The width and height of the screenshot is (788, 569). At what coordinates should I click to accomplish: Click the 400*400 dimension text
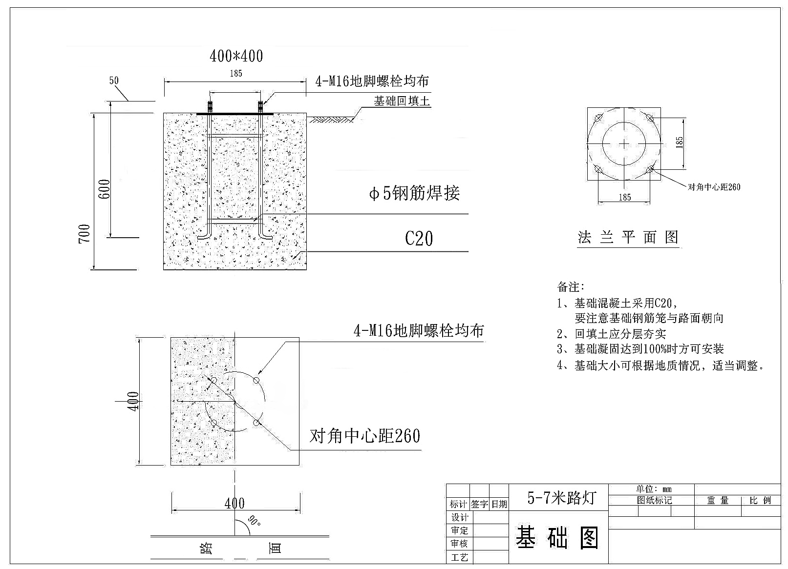236,56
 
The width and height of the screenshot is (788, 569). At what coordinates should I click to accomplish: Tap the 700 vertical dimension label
85,234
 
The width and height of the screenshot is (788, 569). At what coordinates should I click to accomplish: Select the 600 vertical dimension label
104,189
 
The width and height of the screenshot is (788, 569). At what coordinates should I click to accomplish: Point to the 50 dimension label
114,81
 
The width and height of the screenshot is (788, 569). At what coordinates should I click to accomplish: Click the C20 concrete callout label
419,239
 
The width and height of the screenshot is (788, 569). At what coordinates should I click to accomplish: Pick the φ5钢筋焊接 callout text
414,193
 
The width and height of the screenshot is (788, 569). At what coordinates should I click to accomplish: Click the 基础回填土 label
402,101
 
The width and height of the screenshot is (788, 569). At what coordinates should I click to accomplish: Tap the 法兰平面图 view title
628,237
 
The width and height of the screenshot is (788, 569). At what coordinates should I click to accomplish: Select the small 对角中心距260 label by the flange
714,187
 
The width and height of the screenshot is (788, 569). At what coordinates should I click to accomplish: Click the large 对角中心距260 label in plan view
365,436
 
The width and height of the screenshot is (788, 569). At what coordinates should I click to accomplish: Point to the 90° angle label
254,521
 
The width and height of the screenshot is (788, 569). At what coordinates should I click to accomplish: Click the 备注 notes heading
571,287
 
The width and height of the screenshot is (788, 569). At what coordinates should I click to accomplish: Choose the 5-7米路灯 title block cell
562,498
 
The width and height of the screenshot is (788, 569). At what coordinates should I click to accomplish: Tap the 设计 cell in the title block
459,517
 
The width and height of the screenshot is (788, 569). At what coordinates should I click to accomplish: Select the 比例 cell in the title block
760,501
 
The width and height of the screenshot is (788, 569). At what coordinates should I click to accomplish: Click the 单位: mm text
654,489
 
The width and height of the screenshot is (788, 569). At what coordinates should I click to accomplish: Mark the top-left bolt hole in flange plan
598,118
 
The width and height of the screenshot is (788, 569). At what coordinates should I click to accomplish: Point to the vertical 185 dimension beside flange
679,142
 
